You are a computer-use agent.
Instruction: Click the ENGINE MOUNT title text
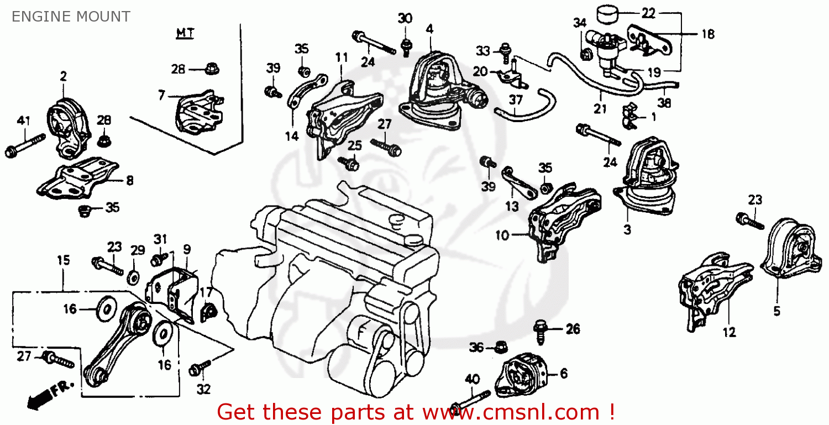tap(71, 17)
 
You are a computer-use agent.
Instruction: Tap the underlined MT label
tap(185, 34)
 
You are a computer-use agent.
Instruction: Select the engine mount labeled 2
tap(66, 128)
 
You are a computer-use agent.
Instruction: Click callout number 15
tap(64, 260)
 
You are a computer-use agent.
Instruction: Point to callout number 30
tap(405, 18)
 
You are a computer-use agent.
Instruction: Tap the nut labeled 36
tap(499, 347)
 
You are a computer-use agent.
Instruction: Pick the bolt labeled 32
tap(201, 367)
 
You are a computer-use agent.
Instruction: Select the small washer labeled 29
tap(134, 275)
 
